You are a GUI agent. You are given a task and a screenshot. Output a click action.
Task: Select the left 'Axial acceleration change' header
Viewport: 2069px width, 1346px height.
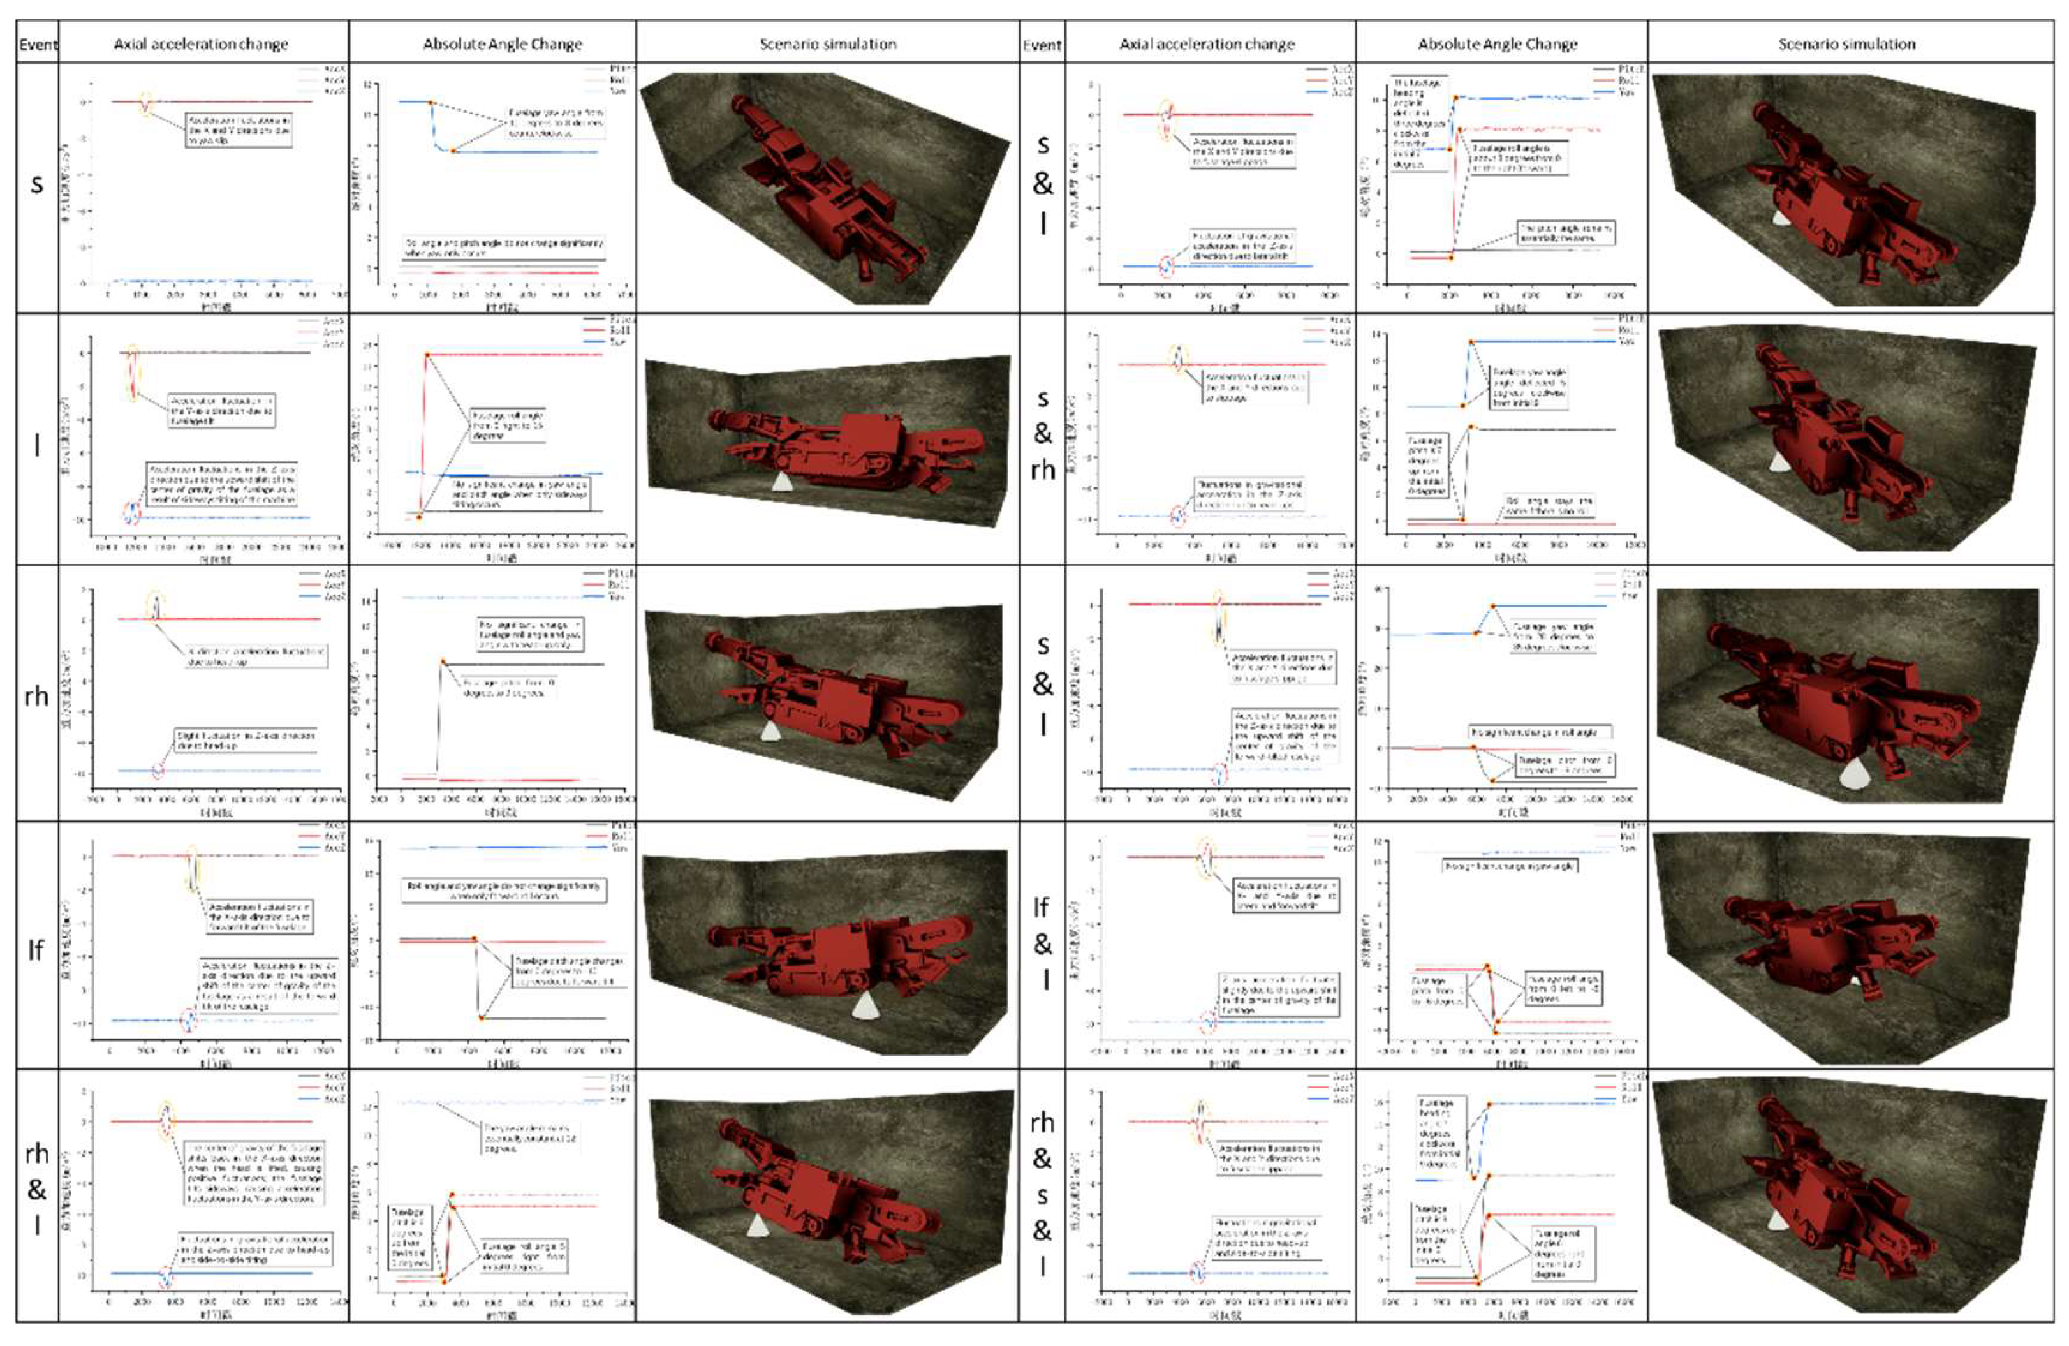point(201,43)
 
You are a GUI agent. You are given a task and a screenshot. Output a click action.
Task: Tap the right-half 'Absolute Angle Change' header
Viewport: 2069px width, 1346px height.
point(1497,43)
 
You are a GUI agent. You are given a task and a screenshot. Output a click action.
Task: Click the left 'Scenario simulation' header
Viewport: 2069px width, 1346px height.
point(828,43)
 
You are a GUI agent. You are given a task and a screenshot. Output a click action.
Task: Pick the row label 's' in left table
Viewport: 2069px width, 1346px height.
point(36,184)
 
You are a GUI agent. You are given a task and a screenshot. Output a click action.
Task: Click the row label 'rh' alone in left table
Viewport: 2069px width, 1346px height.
point(36,695)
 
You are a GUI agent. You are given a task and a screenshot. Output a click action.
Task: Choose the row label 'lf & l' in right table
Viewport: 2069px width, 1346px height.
point(1042,943)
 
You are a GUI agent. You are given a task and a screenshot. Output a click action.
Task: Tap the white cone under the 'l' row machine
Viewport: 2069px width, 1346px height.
point(781,481)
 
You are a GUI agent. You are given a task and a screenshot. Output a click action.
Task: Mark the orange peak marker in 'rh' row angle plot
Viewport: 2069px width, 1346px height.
point(443,662)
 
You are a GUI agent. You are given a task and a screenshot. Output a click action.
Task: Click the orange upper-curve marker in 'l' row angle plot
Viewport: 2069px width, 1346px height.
point(427,355)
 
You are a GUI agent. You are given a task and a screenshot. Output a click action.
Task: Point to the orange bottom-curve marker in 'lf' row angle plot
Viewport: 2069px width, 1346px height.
point(481,1017)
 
